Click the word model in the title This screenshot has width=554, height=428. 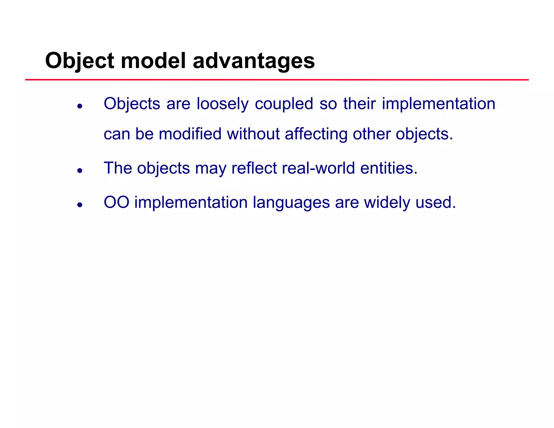tap(153, 61)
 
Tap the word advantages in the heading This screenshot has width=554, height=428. tap(253, 61)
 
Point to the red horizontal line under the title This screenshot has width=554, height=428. tap(277, 80)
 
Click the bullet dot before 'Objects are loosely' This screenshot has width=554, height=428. tap(80, 106)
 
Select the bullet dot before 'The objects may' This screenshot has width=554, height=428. tap(80, 170)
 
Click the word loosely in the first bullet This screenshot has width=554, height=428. tap(222, 104)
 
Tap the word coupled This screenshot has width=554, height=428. tap(284, 104)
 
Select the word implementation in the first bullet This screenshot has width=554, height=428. tap(438, 104)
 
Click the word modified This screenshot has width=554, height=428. tap(190, 134)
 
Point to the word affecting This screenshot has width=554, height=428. tap(316, 134)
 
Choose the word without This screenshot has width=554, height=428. tap(253, 134)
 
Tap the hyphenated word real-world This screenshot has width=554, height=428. tap(318, 168)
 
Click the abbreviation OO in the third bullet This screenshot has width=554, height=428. tap(116, 202)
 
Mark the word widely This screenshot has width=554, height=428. tap(387, 202)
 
